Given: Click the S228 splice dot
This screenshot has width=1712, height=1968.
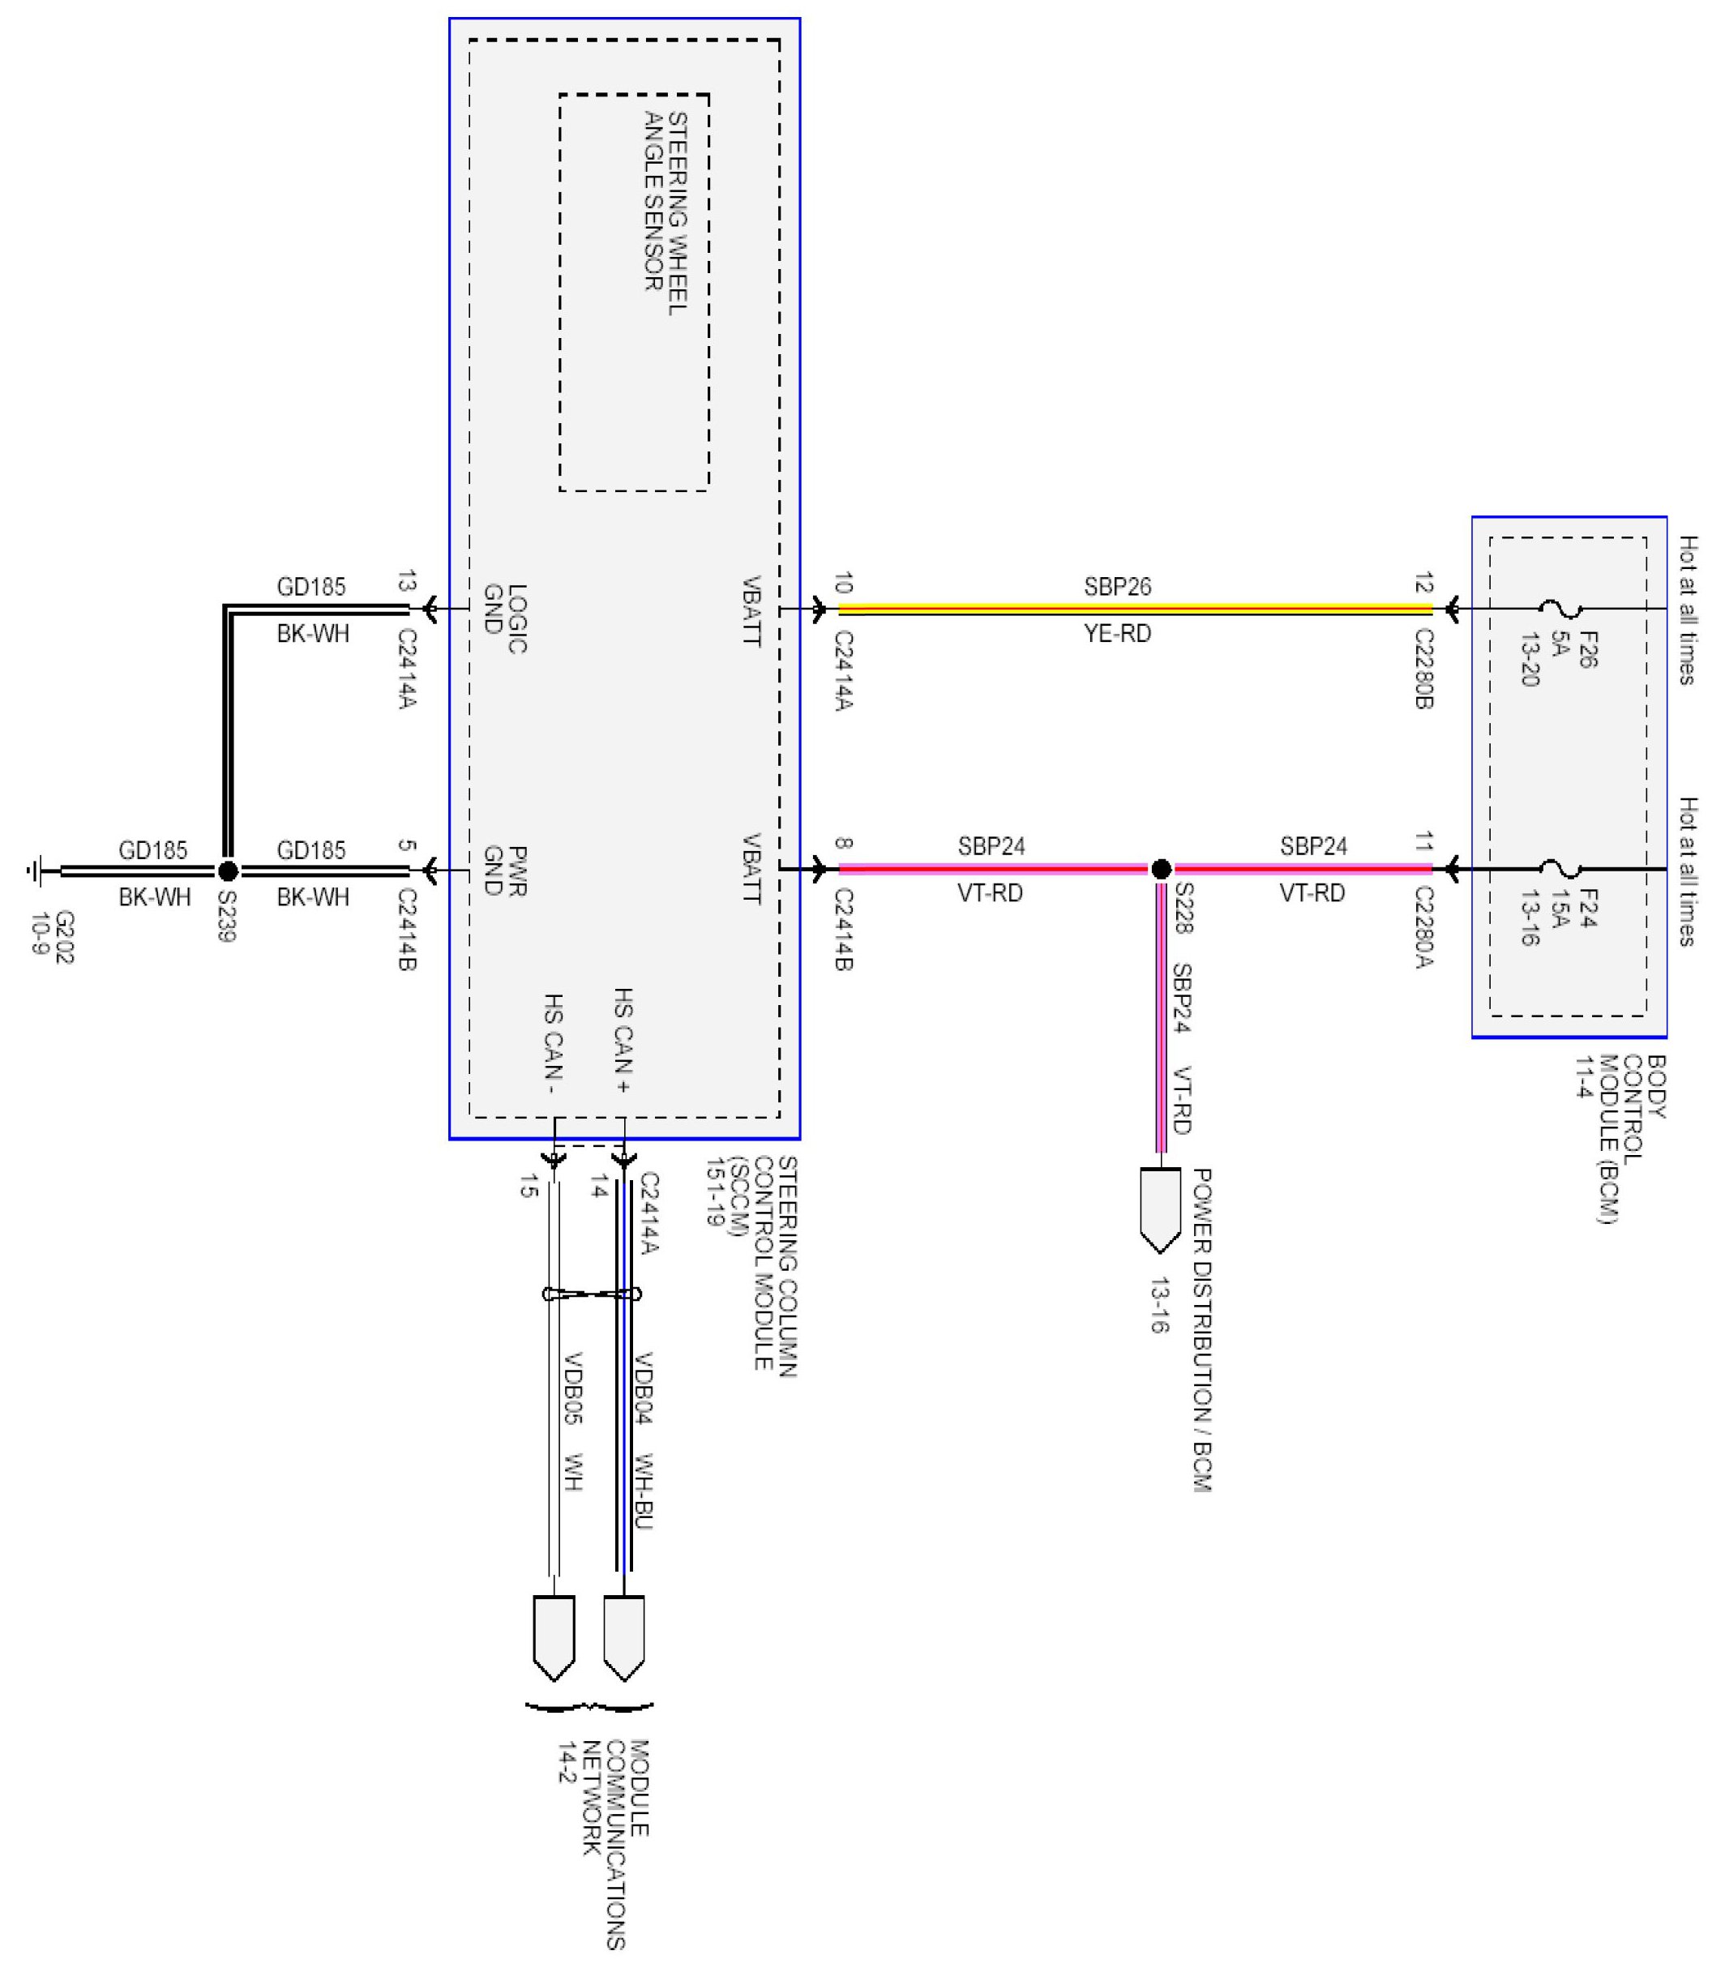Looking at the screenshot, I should click(1161, 870).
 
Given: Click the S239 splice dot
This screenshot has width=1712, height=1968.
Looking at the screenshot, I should click(227, 871).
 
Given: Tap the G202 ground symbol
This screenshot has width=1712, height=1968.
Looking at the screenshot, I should click(36, 871).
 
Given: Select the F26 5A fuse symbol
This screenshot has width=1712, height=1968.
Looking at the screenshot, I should click(1560, 609).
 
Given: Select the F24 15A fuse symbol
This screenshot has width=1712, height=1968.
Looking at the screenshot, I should click(1560, 870).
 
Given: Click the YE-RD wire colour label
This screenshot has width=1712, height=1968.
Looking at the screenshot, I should click(1117, 633).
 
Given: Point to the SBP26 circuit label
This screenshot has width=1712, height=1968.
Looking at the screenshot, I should click(1117, 587).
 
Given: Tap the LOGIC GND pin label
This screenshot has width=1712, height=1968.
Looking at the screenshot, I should click(503, 619).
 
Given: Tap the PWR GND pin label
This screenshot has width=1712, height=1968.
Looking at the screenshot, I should click(503, 871).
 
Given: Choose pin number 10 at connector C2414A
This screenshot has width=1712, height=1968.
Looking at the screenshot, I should click(843, 584).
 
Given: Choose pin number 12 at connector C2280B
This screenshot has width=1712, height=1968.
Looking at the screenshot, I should click(1423, 584).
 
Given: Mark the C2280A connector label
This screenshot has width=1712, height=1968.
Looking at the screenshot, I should click(1423, 927).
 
